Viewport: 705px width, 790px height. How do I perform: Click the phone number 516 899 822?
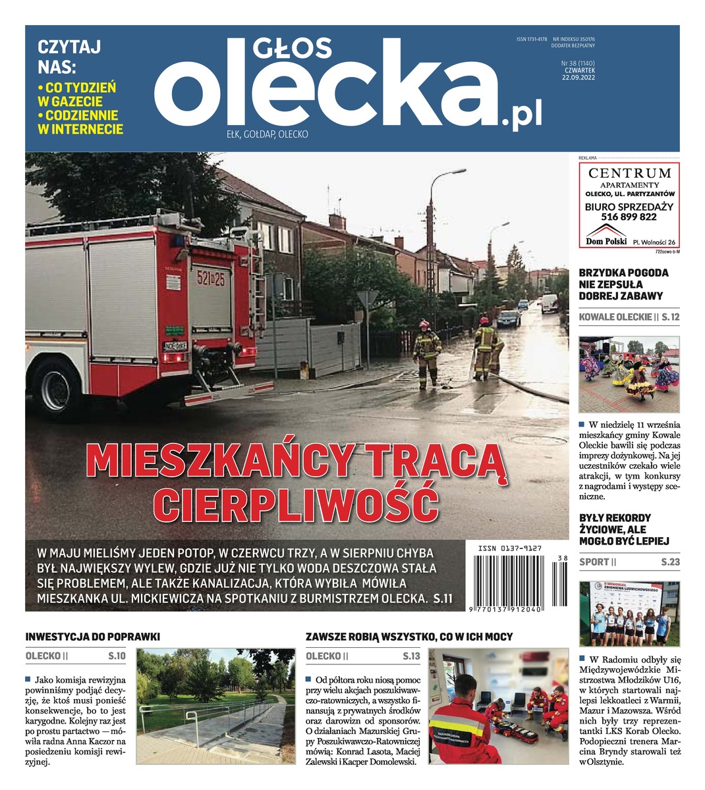pos(629,217)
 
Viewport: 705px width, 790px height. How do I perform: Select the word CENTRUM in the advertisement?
pos(629,174)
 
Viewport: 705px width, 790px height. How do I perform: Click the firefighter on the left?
pos(426,353)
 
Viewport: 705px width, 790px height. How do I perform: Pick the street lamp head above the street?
pos(455,172)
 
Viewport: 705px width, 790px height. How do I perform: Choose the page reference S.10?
pos(116,656)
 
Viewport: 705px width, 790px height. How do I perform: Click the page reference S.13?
pos(410,656)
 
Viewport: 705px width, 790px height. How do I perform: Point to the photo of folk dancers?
pos(629,375)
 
